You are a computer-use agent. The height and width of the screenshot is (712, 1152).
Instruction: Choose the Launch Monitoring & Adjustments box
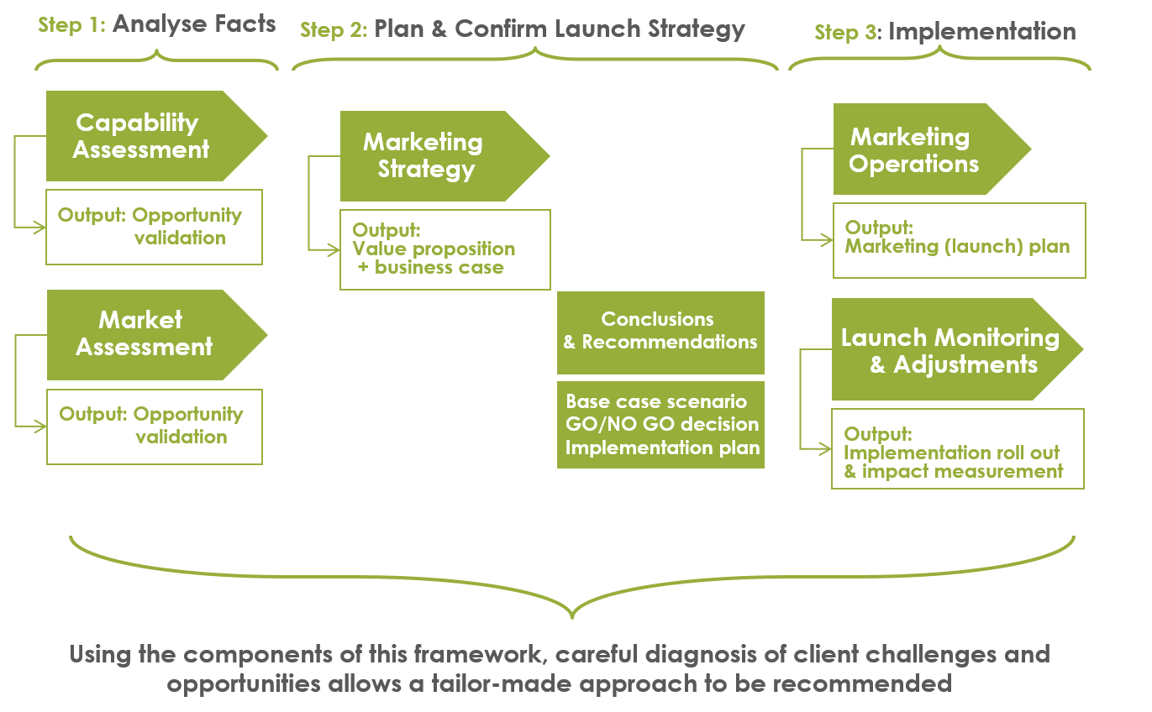949,350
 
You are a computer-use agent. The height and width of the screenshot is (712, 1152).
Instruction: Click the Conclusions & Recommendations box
660,332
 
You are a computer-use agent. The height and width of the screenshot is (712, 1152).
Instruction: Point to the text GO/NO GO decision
662,425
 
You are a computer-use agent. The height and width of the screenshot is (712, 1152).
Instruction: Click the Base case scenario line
656,401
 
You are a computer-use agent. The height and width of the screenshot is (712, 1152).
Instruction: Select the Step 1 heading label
156,24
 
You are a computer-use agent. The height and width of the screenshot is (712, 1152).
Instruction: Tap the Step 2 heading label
522,29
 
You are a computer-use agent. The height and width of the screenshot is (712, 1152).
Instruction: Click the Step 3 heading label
944,33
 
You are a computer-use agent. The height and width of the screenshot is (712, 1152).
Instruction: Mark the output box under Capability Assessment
154,227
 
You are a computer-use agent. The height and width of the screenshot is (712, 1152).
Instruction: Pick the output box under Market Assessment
154,427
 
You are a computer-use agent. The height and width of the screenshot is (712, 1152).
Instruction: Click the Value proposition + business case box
444,249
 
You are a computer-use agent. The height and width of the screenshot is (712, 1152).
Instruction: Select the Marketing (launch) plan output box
959,240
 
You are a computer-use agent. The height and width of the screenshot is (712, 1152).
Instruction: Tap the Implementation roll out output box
957,448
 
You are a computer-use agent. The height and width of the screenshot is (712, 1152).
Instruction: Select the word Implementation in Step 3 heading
981,33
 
